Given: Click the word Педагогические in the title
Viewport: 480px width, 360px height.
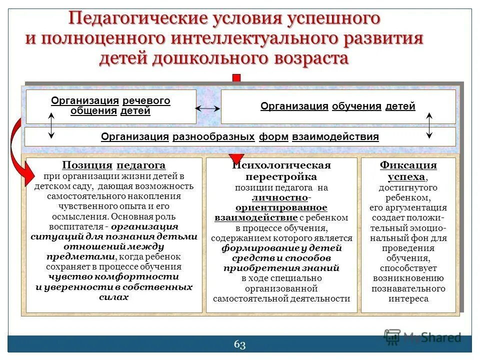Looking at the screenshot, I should (x=136, y=19).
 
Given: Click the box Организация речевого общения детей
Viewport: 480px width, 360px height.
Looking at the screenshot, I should (x=110, y=106).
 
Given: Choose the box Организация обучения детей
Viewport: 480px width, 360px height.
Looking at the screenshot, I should (x=337, y=106).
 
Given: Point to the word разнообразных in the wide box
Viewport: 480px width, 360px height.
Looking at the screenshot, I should (x=213, y=137).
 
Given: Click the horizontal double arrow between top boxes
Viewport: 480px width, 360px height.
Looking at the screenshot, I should (x=208, y=108).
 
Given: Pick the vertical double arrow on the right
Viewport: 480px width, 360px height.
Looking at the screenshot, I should (x=429, y=125).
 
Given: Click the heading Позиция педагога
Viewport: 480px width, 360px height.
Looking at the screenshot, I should (x=113, y=165).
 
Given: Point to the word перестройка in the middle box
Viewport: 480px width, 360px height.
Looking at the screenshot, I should (x=281, y=177).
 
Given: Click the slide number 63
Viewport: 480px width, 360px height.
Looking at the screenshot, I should (x=239, y=344).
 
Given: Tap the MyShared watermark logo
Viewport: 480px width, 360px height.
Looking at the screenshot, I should (x=422, y=336).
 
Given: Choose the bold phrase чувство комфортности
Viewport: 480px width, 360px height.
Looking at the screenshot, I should (x=113, y=277).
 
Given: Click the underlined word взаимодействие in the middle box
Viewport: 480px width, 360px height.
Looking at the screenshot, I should (x=256, y=217).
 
